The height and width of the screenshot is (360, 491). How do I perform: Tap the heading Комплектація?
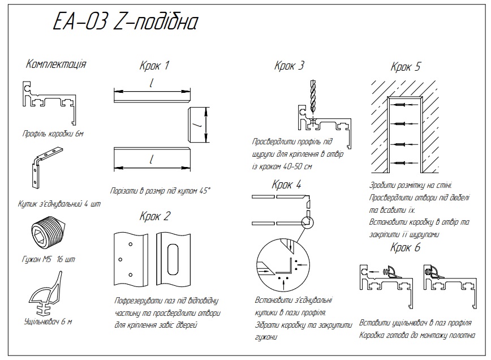(56, 64)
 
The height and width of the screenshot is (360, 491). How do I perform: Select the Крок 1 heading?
(154, 66)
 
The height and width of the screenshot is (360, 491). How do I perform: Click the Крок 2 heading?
(154, 216)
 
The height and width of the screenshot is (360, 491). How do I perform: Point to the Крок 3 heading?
(289, 66)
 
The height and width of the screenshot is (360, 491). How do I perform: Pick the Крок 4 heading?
(286, 185)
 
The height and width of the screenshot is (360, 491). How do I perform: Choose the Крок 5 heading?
(406, 67)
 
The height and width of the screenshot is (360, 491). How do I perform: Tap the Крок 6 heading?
(406, 247)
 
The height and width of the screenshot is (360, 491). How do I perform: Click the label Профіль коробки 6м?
(53, 134)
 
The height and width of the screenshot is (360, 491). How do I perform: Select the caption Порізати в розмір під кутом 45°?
(160, 191)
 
